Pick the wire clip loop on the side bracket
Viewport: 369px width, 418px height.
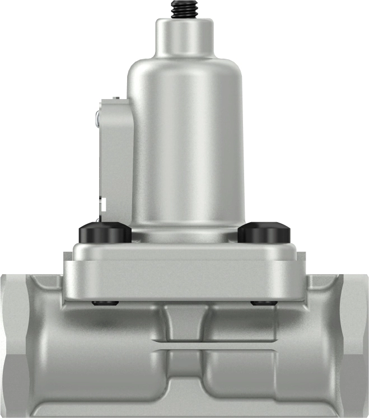pyautogui.click(x=98, y=118)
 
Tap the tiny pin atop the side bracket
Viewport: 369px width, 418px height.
pyautogui.click(x=116, y=98)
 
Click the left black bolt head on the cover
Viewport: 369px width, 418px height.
pyautogui.click(x=105, y=232)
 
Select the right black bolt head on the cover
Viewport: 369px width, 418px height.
pyautogui.click(x=263, y=232)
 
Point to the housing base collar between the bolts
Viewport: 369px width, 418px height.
pyautogui.click(x=185, y=233)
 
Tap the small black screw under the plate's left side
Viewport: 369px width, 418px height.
pyautogui.click(x=105, y=303)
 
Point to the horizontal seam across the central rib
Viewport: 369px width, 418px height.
pyautogui.click(x=184, y=346)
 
